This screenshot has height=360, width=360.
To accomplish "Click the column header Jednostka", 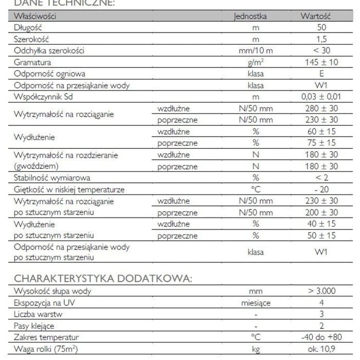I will coord(250,16).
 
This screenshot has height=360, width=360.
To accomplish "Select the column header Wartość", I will coord(315,16).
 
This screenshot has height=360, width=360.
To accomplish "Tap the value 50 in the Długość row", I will coord(321,28).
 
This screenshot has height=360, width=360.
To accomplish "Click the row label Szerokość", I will coord(32,39).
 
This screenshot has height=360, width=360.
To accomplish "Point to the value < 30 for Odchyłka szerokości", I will coord(321,51).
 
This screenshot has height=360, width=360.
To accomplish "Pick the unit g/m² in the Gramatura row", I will coord(256,62).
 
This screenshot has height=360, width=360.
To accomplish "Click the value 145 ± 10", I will coord(321,62).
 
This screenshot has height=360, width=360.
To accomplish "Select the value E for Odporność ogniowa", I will coord(321,74).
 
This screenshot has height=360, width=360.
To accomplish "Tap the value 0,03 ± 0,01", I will coord(321,97).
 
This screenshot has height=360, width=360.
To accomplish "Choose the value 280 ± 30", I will coord(321,108).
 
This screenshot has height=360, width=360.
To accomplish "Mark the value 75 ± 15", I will coord(321,143).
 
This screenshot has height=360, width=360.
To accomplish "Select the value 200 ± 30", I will coord(321,213).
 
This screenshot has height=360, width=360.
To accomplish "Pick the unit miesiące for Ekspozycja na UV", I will coord(256,303).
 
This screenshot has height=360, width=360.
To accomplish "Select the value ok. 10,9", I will coord(321,349).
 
